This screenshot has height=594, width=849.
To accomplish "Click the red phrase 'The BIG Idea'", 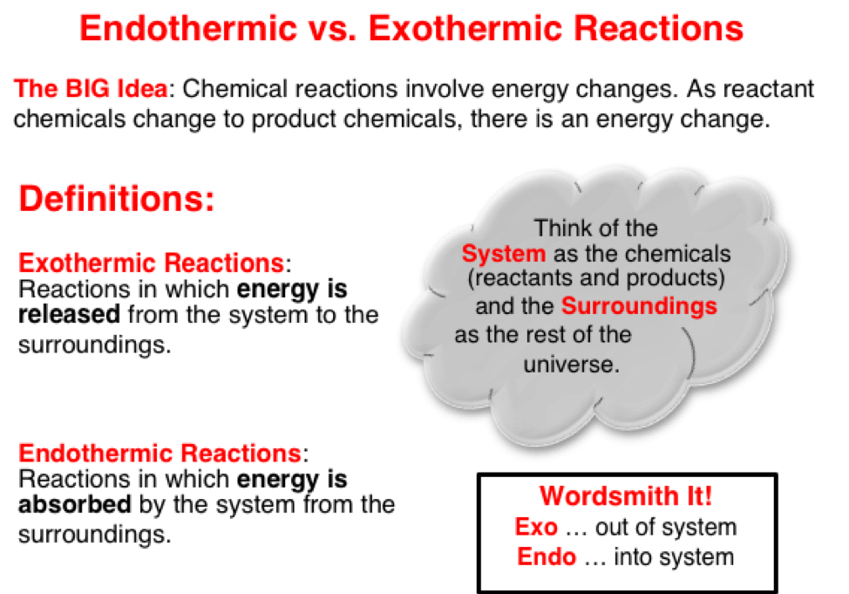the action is tap(91, 88).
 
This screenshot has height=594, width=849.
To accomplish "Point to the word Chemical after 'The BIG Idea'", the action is tap(235, 88).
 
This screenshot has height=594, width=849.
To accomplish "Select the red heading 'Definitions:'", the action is tap(117, 198).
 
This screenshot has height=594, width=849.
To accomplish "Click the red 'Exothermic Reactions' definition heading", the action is tap(152, 263).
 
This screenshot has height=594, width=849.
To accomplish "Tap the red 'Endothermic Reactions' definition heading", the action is tap(160, 453).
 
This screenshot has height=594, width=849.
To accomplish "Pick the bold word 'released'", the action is tap(70, 314).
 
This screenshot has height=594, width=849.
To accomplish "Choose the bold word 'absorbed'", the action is tap(75, 504).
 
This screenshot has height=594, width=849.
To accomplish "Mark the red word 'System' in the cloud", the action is tap(504, 254).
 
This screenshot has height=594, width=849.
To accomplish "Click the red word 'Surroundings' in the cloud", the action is tap(640, 305).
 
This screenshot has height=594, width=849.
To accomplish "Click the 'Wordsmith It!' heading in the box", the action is tap(626, 496).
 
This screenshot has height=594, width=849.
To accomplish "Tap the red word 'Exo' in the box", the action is tap(536, 527).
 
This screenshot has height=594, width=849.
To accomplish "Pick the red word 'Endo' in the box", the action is tap(547, 556).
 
